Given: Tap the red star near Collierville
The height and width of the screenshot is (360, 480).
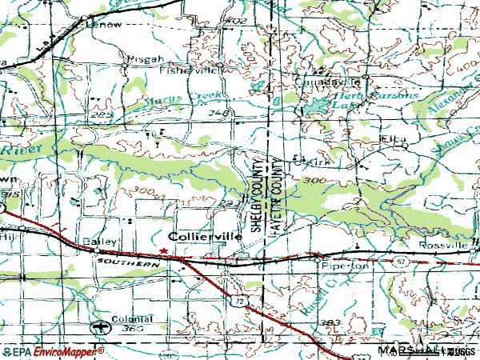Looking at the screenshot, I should pyautogui.click(x=163, y=250).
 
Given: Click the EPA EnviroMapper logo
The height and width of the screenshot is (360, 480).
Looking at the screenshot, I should pyautogui.click(x=53, y=351).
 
